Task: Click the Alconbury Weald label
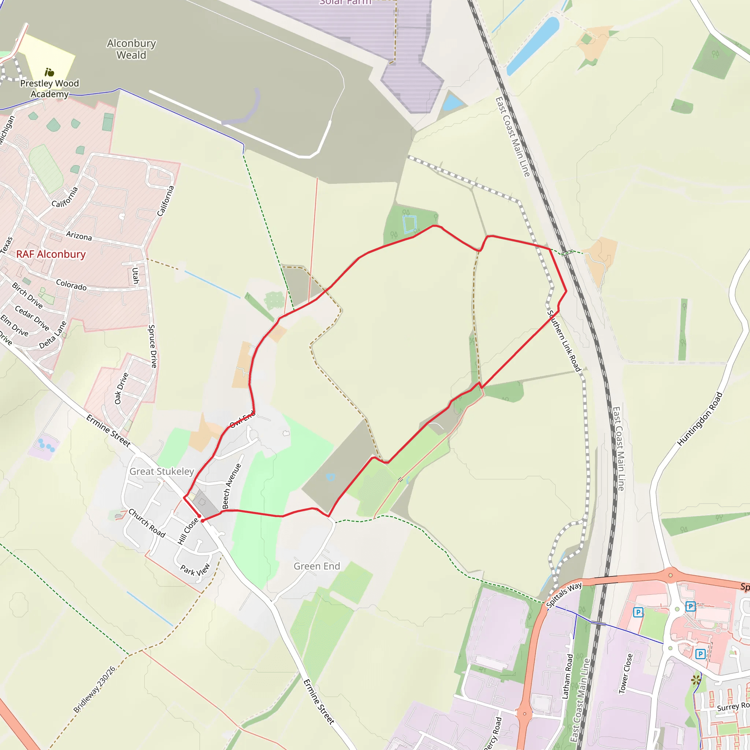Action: coord(131,49)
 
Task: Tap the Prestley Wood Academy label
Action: coord(49,89)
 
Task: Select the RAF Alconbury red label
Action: coord(51,254)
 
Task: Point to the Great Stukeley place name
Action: coord(161,471)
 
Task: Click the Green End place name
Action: coord(317,566)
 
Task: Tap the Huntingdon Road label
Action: coord(699,419)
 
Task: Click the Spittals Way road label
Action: coord(564,595)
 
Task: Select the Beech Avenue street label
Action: coord(231,486)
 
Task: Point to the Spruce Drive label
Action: coord(153,346)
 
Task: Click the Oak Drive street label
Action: coord(121,388)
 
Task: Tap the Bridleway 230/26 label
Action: coord(94,689)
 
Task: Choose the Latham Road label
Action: coord(568,677)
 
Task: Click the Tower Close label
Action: coord(625,673)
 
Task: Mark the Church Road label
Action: coord(147,523)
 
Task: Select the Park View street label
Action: coord(195,570)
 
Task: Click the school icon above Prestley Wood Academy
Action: coord(49,72)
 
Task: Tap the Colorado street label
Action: coord(71,285)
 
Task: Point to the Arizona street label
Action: coord(79,235)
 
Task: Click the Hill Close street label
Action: coord(188,531)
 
